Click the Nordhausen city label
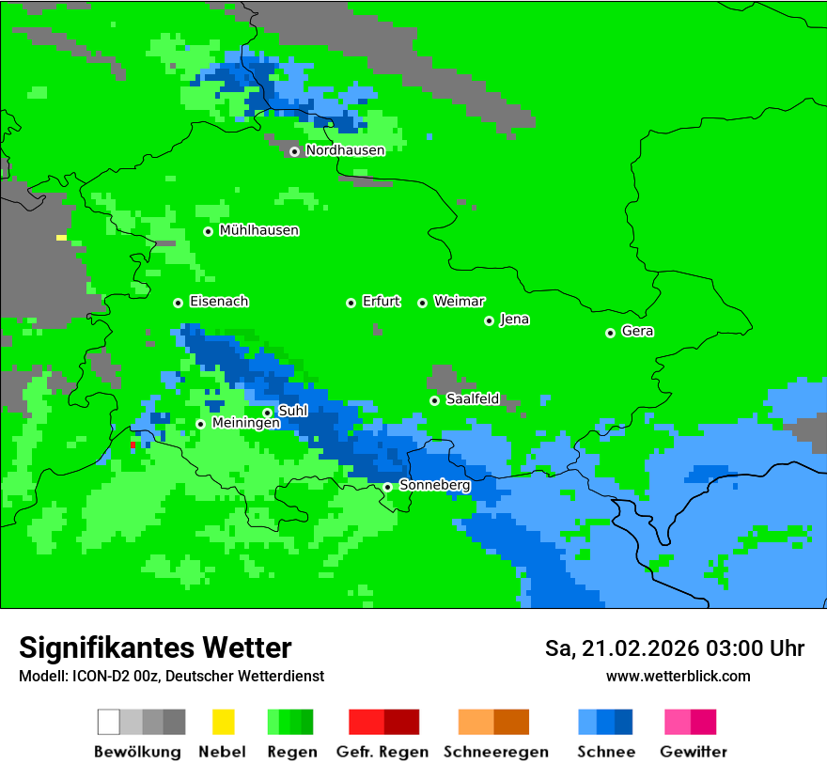(x=345, y=150)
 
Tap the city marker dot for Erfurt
(x=351, y=303)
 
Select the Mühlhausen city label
(x=258, y=230)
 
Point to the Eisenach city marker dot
(x=178, y=303)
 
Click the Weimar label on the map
(x=459, y=302)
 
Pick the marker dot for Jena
(x=489, y=320)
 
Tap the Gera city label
(x=637, y=332)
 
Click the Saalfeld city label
(x=472, y=399)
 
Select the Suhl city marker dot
(x=267, y=413)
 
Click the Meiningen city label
(x=245, y=424)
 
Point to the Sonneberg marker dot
(x=387, y=487)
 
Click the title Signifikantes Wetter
(x=155, y=647)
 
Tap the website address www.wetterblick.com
(x=678, y=676)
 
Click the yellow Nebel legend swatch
(x=223, y=722)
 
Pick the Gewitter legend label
(x=693, y=752)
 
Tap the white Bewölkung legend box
(x=109, y=722)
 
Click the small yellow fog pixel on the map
(x=61, y=238)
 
